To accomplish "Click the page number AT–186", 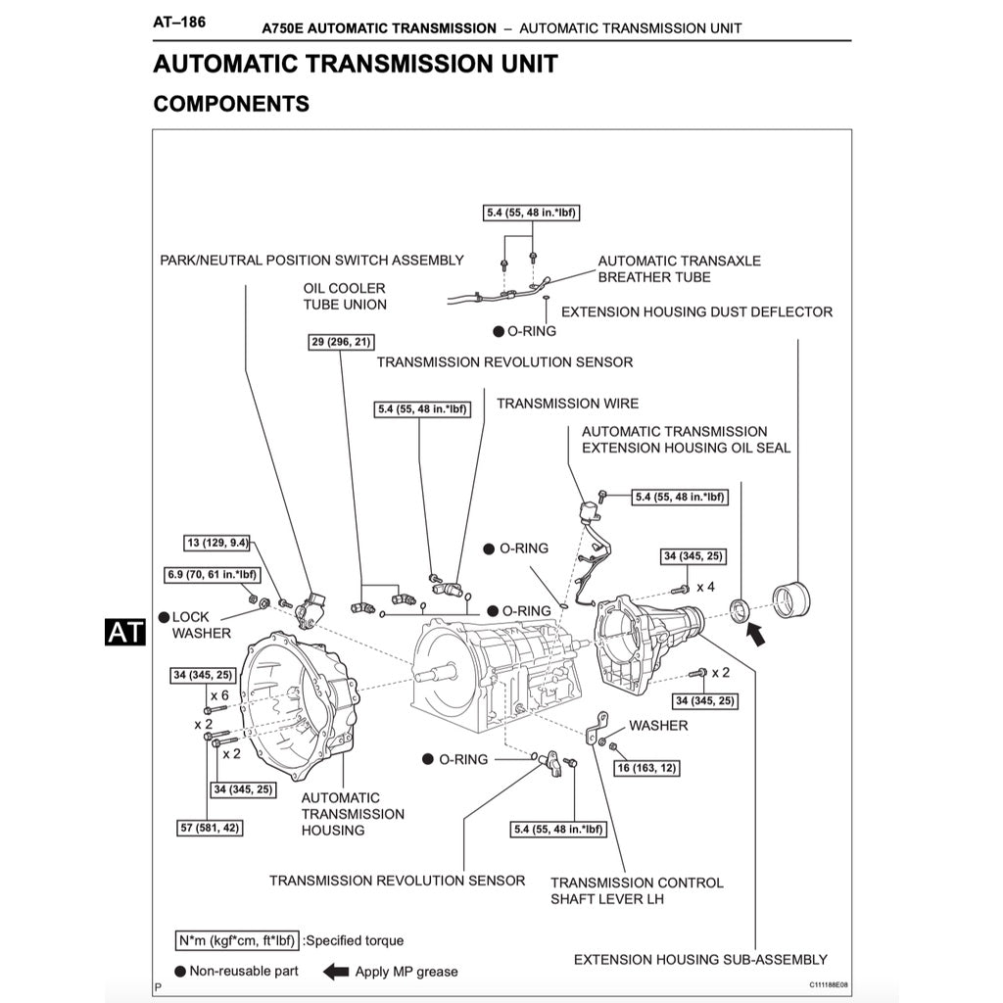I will point(179,21).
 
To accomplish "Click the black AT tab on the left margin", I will point(125,632).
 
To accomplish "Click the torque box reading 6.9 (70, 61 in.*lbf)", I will point(211,574).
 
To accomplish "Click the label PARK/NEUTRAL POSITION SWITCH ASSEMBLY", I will point(311,261).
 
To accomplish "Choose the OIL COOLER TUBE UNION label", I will point(345,296).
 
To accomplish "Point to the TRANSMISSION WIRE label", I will point(567,404).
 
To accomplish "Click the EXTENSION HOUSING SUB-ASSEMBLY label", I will point(700,960).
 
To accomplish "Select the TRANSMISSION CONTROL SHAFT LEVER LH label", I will point(637,890).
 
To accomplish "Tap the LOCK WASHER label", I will point(202,625).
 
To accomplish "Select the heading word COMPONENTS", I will point(231,103).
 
